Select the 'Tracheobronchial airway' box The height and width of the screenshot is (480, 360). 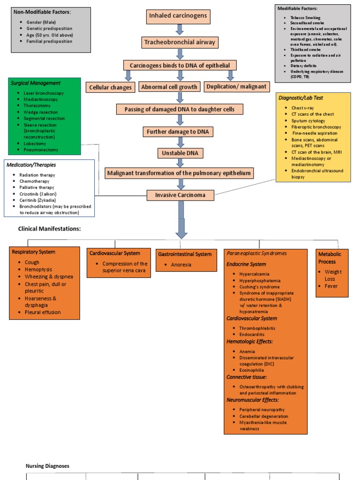tap(180, 42)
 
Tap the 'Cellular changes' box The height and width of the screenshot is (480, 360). tap(111, 87)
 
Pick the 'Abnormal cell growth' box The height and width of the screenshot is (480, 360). tap(169, 87)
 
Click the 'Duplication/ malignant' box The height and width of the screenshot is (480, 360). tap(236, 86)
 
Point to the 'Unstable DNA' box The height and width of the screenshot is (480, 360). tap(180, 153)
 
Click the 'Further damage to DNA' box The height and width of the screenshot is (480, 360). tap(180, 132)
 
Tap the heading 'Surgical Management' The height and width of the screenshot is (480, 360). tap(35, 83)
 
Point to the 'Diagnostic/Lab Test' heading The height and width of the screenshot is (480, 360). tap(300, 98)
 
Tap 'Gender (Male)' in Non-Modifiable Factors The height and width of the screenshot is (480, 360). tap(45, 22)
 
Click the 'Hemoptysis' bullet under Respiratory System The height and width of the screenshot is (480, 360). tap(38, 270)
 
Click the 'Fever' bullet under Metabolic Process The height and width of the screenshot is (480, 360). tap(331, 286)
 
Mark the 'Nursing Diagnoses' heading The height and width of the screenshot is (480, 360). tap(47, 466)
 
